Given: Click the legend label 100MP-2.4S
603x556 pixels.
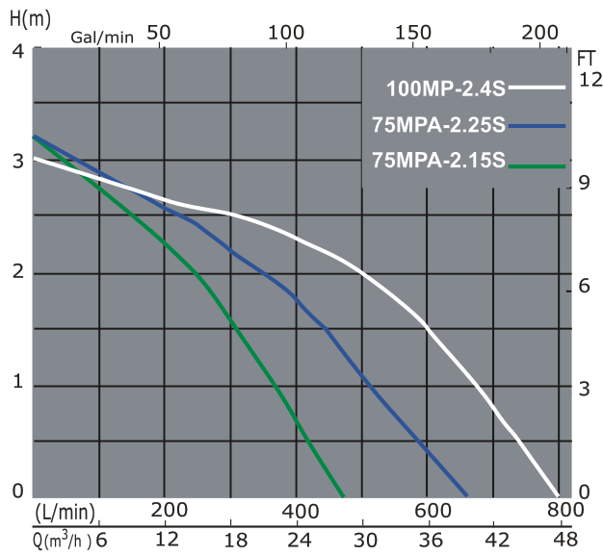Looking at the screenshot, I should click(446, 90).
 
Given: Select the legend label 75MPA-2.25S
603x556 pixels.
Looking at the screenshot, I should click(439, 126).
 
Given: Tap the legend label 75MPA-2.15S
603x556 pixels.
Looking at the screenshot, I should click(438, 161).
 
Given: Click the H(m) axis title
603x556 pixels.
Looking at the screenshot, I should click(26, 18).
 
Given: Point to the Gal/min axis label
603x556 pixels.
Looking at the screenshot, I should click(102, 38).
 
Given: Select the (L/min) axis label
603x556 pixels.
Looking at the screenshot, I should click(65, 510).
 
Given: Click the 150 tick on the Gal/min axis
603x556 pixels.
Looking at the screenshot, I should click(413, 32).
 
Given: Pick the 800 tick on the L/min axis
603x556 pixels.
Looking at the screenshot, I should click(565, 510).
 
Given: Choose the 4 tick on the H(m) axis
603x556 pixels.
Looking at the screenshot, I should click(16, 50).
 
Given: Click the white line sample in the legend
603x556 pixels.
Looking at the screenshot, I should click(537, 88).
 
